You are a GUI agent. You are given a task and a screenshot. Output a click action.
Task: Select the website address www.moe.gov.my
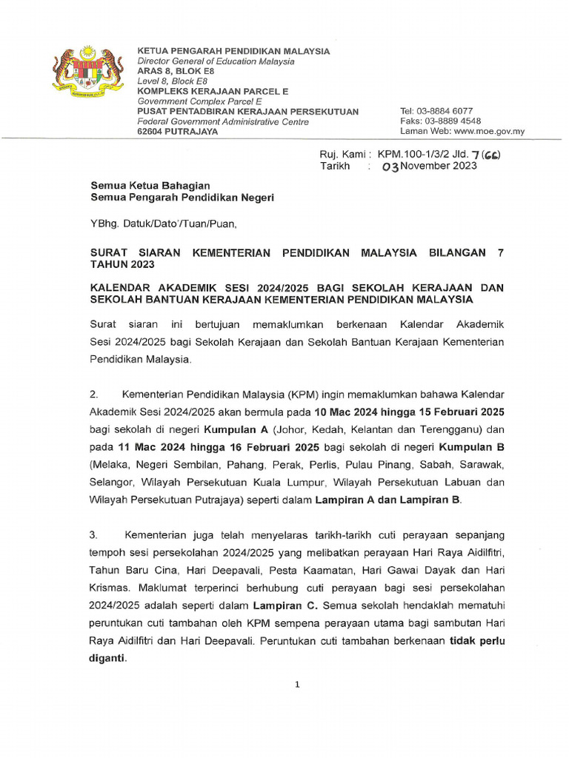[x=489, y=132]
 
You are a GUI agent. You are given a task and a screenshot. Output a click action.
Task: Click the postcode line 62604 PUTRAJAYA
[x=178, y=132]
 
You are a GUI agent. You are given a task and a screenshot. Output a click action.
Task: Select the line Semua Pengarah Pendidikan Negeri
[x=182, y=198]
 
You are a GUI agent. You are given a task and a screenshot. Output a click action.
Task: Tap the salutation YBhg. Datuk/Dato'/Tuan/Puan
[x=164, y=222]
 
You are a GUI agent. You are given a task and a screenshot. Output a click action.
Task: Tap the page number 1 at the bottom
[x=297, y=685]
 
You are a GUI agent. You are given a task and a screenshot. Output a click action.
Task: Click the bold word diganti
[x=107, y=659]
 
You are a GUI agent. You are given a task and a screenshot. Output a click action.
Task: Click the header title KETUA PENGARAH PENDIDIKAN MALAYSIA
[x=234, y=51]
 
